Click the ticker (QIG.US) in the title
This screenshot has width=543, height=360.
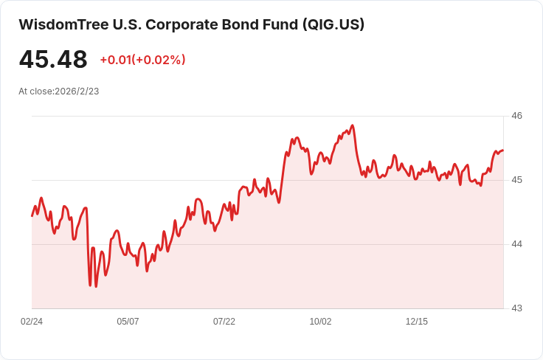(333, 24)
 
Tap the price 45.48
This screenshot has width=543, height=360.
(53, 60)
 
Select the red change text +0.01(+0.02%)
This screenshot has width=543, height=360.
(142, 60)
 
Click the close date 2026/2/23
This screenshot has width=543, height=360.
(77, 91)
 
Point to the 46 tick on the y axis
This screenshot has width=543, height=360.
(516, 116)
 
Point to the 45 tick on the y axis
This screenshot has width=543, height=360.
(516, 180)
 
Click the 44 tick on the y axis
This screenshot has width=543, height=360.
(516, 244)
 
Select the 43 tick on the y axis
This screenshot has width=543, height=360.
(516, 308)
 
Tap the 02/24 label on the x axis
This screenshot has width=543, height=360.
(32, 322)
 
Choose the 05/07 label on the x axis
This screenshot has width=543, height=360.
(128, 322)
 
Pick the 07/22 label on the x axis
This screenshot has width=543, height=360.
(224, 322)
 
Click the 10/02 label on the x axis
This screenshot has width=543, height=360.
(320, 322)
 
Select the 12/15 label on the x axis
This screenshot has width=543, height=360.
(417, 322)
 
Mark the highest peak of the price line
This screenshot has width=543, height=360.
(353, 125)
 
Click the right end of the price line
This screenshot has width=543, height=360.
(502, 150)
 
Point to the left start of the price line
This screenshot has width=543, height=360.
(32, 215)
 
